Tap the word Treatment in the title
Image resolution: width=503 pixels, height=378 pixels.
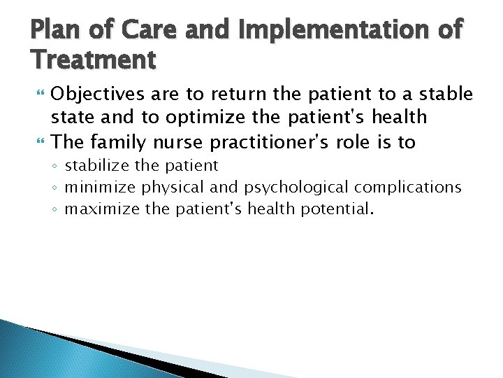pos(94,61)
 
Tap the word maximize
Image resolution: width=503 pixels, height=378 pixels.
pos(102,208)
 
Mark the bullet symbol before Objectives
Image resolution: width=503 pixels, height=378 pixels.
pos(38,94)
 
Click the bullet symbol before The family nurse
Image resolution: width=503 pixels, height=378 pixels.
pos(38,143)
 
